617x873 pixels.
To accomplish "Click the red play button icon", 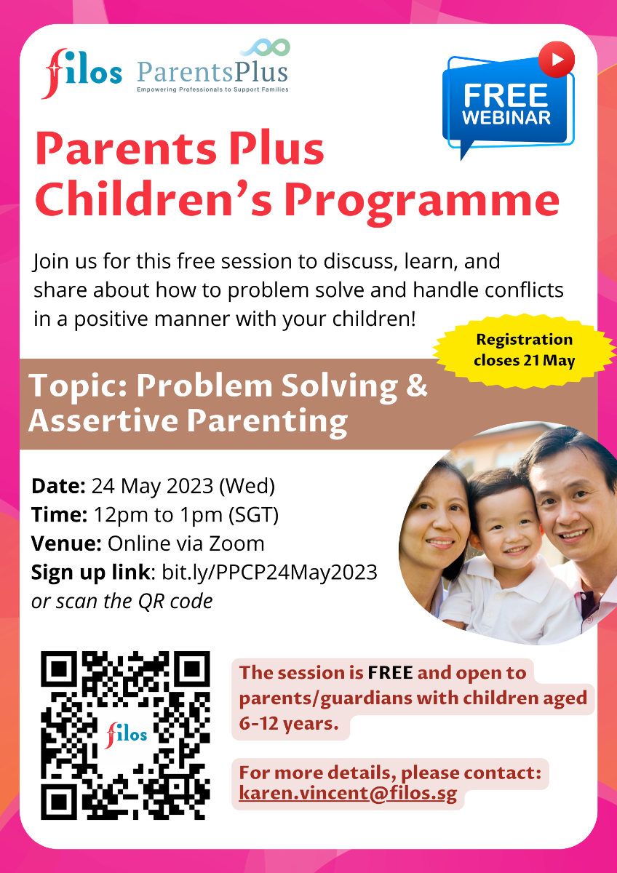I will tap(557, 59).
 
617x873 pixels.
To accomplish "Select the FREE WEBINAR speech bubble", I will tap(507, 106).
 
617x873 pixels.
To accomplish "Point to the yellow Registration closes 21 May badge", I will tap(523, 350).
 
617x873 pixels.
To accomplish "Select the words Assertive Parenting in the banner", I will tap(188, 420).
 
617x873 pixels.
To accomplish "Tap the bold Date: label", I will tap(59, 485).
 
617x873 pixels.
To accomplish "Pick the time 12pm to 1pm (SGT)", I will tap(186, 514).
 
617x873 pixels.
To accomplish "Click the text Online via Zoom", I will tap(186, 543).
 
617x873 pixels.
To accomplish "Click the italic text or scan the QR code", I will tap(122, 602).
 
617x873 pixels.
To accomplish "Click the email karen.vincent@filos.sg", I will tap(348, 794).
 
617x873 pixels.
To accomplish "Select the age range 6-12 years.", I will tap(290, 725).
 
